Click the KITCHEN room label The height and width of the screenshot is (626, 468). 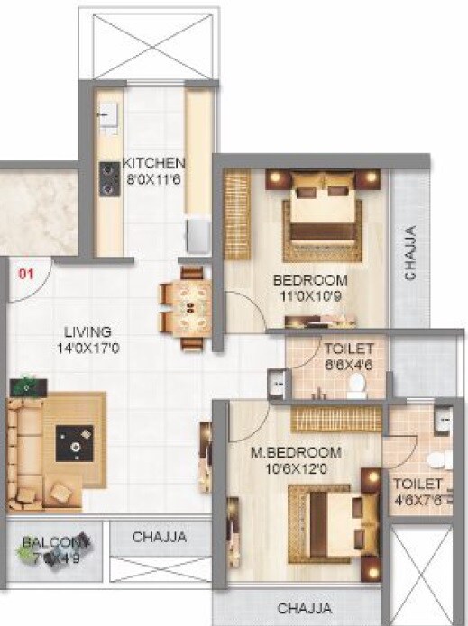point(154,163)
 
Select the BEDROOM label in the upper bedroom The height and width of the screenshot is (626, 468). point(310,280)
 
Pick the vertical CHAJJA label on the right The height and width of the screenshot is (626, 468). point(410,253)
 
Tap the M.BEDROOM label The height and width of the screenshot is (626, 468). point(296,451)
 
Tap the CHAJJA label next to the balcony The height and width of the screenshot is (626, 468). point(159,538)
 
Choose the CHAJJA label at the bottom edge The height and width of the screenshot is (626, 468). point(304,608)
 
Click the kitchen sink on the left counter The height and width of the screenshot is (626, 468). point(107,116)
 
